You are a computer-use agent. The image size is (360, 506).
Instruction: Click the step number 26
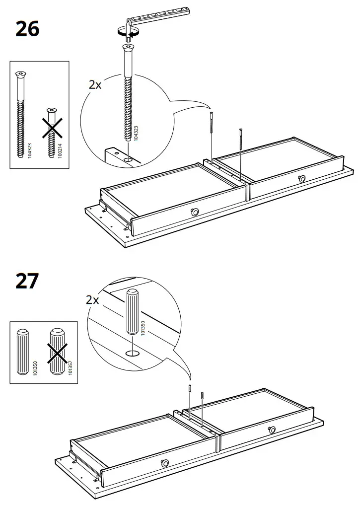27,29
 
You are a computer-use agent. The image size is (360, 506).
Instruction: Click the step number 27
27,281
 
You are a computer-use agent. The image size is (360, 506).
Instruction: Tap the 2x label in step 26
95,84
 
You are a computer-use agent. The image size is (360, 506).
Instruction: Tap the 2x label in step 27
92,300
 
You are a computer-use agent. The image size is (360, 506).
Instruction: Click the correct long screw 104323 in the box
21,114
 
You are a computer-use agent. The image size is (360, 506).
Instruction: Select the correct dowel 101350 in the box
23,352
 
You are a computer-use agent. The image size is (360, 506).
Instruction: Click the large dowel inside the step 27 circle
133,312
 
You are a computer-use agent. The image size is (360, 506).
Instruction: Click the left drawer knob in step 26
195,212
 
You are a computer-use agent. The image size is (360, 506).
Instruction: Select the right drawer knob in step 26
301,178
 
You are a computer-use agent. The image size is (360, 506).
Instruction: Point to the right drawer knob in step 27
272,430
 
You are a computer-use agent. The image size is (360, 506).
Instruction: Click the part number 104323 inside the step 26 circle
137,132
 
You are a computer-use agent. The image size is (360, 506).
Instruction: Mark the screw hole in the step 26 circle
128,160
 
